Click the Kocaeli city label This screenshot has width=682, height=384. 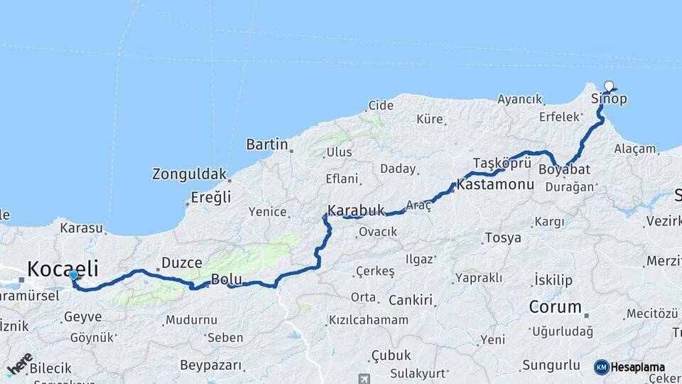pos(63,268)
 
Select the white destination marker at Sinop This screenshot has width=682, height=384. pos(608,86)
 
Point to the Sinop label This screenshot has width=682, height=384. pos(610,99)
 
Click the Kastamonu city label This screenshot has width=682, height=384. pos(495,184)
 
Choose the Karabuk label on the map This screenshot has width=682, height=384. pos(356,210)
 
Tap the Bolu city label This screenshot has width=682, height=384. pos(227,279)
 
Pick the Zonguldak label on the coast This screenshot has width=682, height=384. pos(189,174)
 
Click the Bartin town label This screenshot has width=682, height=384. pos(266,144)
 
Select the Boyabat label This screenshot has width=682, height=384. pos(564,170)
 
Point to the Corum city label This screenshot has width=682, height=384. pos(555,307)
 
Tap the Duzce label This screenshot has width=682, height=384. pos(182,262)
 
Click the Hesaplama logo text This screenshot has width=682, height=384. pos(638,368)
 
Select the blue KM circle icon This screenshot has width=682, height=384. pos(602,367)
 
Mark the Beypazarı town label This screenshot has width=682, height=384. pos(211,366)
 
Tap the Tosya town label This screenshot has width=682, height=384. pos(503,238)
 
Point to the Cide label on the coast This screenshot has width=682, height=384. pos(380,105)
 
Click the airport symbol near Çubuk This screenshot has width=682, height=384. pos(364,378)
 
